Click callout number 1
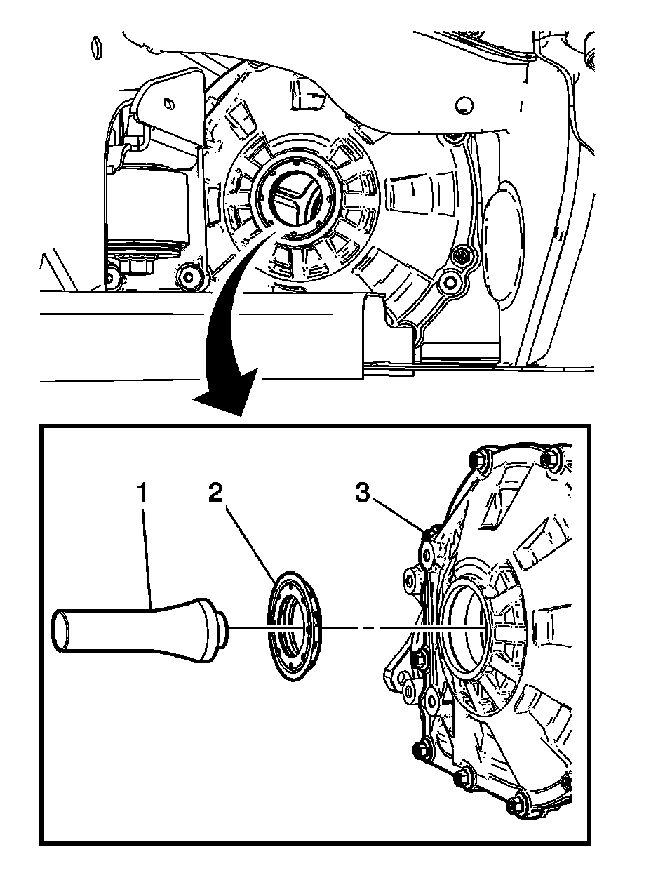point(142,493)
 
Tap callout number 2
point(215,493)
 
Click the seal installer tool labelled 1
point(140,628)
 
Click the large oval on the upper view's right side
point(504,246)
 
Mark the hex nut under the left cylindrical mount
point(133,266)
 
